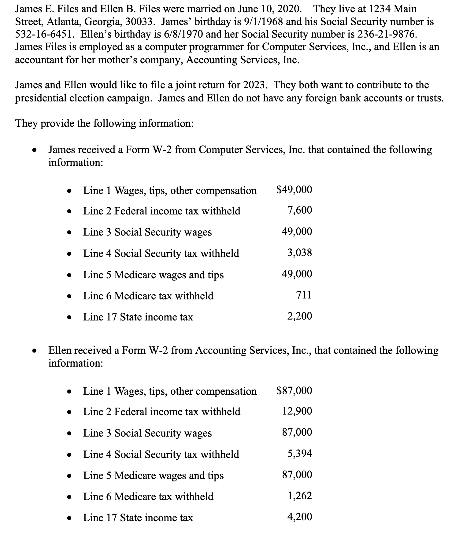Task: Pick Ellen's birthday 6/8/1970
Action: pyautogui.click(x=180, y=34)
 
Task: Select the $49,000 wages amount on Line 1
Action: pyautogui.click(x=294, y=190)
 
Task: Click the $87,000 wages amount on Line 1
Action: pyautogui.click(x=294, y=390)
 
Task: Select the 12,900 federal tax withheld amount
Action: pyautogui.click(x=297, y=411)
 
